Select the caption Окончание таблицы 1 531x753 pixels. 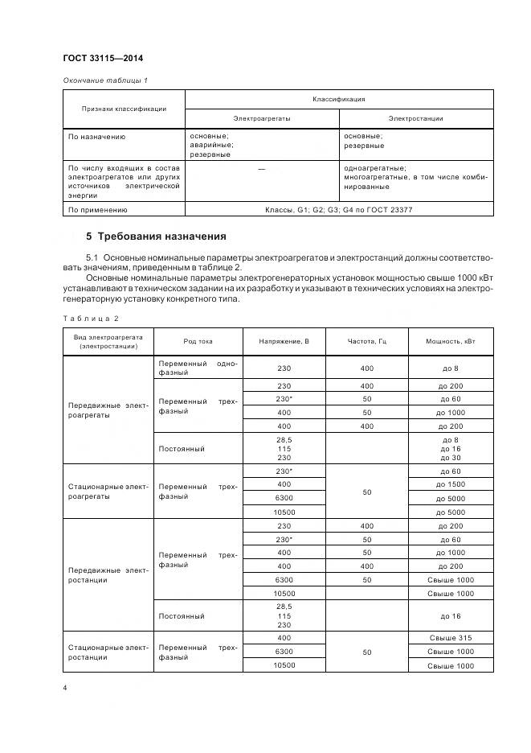(x=105, y=80)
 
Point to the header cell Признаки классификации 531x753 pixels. (x=124, y=109)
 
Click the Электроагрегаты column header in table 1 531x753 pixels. (x=262, y=118)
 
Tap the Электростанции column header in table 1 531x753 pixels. (x=415, y=118)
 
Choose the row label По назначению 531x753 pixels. (x=97, y=137)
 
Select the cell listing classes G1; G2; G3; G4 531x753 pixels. (x=338, y=210)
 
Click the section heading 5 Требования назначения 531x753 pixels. (x=156, y=237)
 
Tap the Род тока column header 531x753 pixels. (x=198, y=341)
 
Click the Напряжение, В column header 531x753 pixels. (x=284, y=341)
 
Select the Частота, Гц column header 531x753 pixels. (x=366, y=341)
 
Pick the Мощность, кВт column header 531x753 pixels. (x=450, y=341)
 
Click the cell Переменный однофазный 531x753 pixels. (x=198, y=368)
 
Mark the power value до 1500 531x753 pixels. (x=450, y=484)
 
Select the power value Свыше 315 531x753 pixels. (x=450, y=637)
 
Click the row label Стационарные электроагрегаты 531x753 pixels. (x=108, y=491)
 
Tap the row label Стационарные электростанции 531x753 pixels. (x=108, y=651)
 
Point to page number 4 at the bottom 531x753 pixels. (x=65, y=689)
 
